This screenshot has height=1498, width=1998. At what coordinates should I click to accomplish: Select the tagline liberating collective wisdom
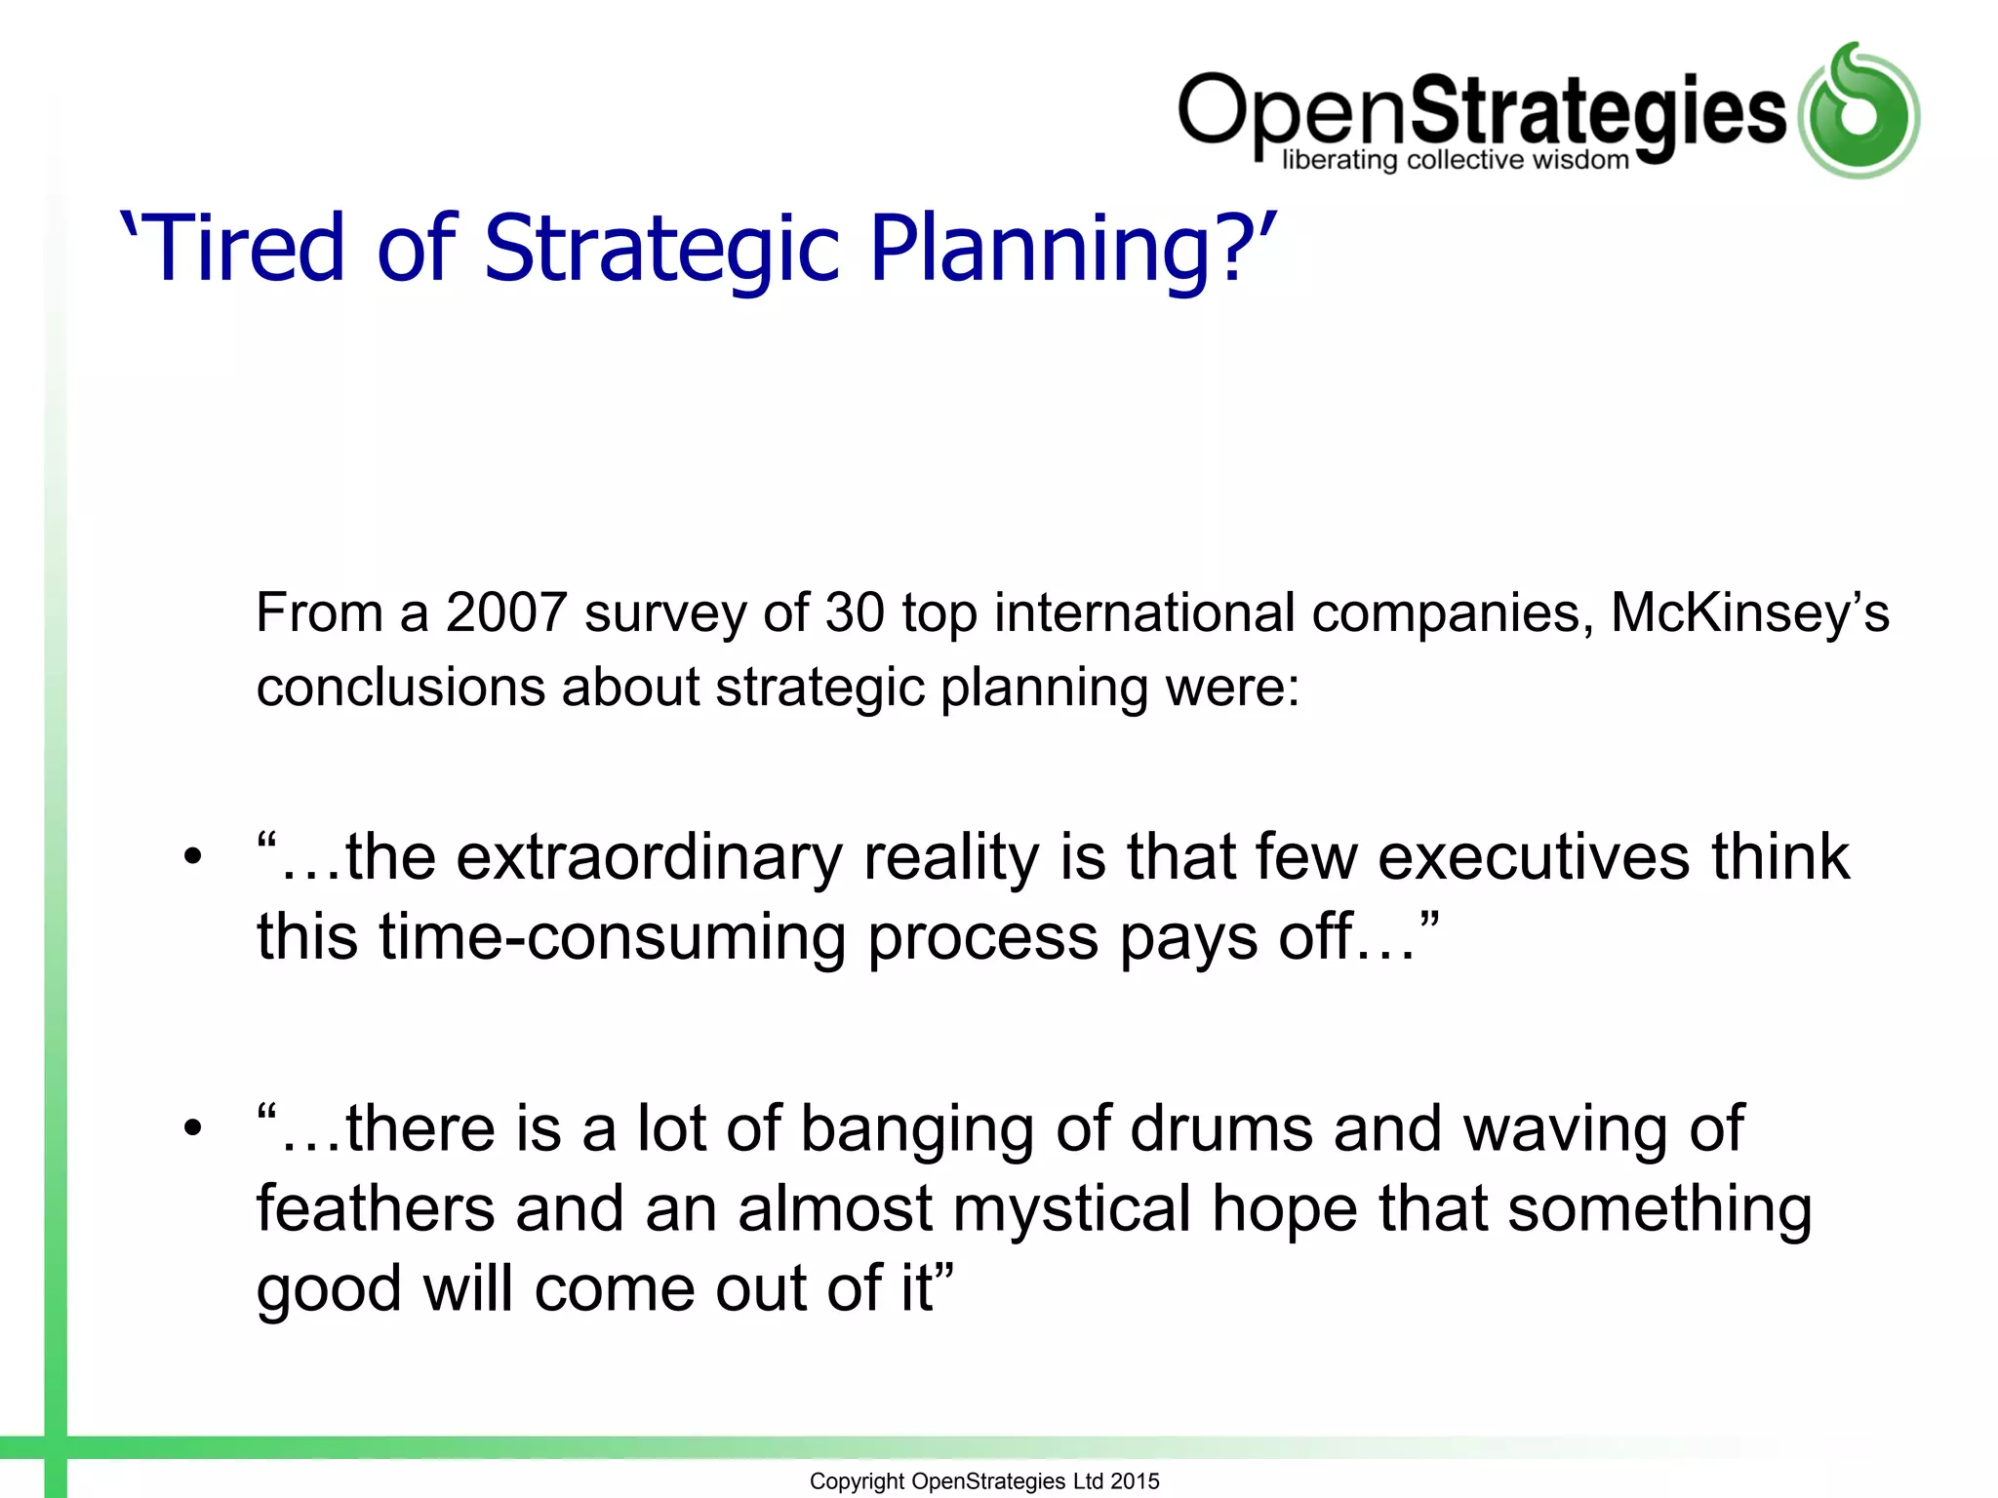pyautogui.click(x=1455, y=161)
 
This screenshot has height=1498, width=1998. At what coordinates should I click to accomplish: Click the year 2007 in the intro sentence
pyautogui.click(x=506, y=613)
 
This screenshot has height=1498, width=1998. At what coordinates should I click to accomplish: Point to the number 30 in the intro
pyautogui.click(x=855, y=613)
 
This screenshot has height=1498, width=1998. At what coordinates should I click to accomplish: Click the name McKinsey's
pyautogui.click(x=1748, y=613)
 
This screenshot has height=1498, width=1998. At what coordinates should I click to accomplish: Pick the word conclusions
pyautogui.click(x=400, y=687)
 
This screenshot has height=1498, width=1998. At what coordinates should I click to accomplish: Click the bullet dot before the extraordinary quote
pyautogui.click(x=193, y=858)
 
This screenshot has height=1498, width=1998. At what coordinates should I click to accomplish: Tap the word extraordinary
pyautogui.click(x=649, y=858)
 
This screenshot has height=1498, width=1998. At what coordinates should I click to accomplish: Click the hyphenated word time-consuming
pyautogui.click(x=613, y=938)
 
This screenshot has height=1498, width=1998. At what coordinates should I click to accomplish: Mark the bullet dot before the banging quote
pyautogui.click(x=193, y=1129)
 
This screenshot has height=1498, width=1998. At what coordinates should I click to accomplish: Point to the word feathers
pyautogui.click(x=376, y=1209)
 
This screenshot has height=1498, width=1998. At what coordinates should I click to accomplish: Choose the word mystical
pyautogui.click(x=1072, y=1209)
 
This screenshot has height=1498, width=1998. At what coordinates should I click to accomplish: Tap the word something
pyautogui.click(x=1659, y=1209)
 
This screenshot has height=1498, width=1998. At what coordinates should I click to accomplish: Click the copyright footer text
pyautogui.click(x=984, y=1481)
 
